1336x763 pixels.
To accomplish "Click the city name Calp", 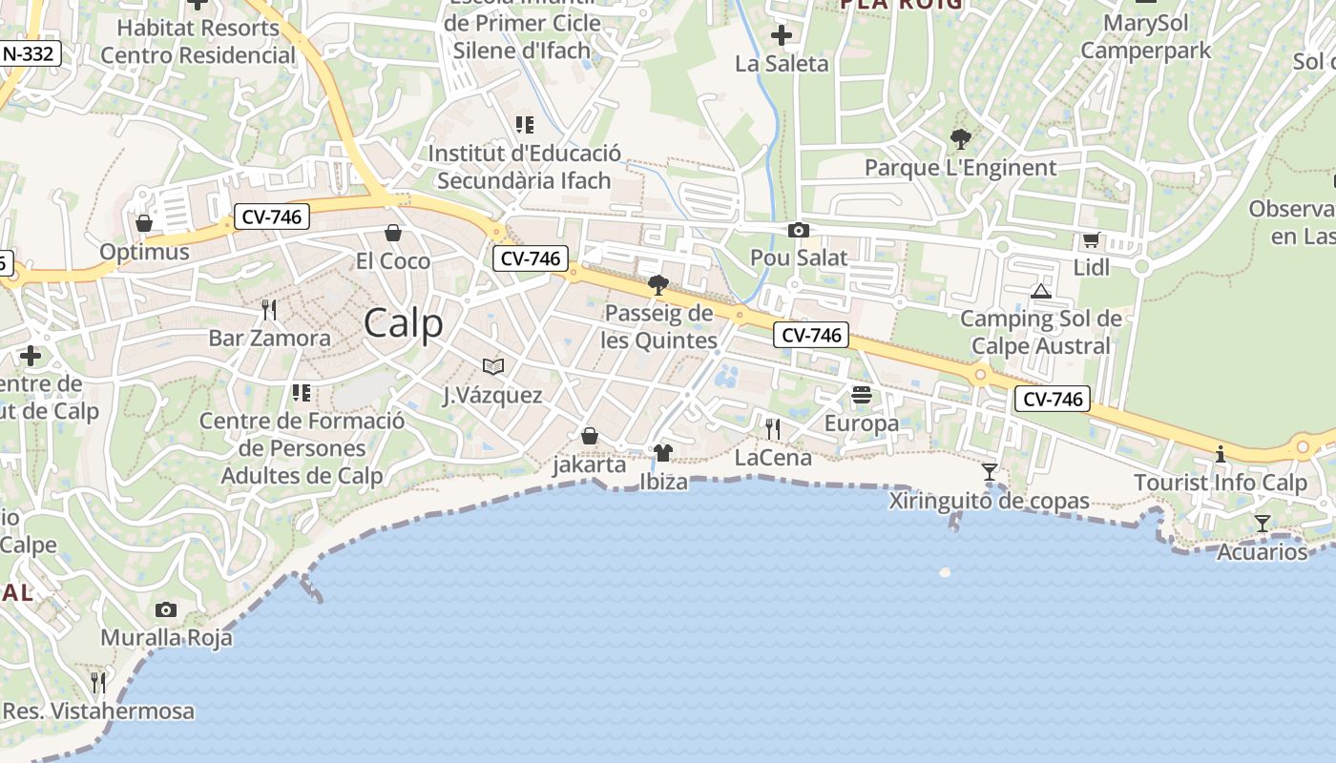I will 403,322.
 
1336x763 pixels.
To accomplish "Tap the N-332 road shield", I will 29,54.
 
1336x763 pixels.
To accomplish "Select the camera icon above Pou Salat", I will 799,230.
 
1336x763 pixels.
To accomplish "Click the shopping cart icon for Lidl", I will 1091,239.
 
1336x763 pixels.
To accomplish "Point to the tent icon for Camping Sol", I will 1040,291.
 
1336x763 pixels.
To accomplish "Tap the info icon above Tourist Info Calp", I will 1220,454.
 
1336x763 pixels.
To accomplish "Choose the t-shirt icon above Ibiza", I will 663,452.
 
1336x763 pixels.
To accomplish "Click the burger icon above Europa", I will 862,394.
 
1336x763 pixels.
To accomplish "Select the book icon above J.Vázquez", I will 492,366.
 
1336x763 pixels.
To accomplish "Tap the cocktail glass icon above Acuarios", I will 1262,523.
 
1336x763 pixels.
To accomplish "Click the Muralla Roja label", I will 166,638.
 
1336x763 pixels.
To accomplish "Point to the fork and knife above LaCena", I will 772,429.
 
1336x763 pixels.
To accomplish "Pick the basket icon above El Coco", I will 392,233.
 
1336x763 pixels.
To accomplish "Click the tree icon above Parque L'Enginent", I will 960,139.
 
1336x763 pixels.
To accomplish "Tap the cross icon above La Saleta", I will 781,36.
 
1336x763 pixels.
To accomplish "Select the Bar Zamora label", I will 270,338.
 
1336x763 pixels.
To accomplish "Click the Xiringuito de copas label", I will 989,501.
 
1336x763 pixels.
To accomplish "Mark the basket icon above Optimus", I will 144,223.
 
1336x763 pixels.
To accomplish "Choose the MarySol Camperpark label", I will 1145,36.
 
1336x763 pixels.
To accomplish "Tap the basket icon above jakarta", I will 590,436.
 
